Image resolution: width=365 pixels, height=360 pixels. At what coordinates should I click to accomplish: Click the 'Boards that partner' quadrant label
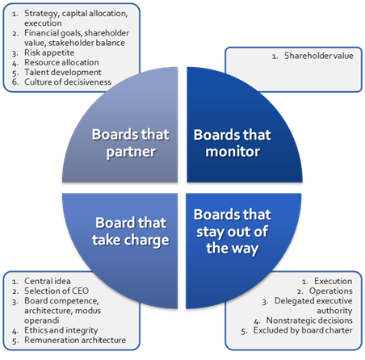(131, 143)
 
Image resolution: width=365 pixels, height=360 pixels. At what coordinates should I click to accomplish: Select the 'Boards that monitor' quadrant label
(233, 143)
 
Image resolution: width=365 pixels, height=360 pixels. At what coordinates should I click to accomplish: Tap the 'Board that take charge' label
(131, 232)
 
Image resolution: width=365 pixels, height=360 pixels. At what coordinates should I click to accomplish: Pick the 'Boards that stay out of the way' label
(233, 232)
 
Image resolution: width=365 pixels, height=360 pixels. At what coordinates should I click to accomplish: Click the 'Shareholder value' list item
(319, 56)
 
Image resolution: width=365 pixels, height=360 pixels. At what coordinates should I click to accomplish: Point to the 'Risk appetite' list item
(49, 52)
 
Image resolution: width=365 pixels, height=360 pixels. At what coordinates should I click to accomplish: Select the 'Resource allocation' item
(61, 62)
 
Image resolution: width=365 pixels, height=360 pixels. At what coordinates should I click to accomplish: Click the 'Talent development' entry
(63, 72)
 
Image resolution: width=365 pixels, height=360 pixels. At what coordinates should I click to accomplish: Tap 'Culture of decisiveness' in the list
(68, 82)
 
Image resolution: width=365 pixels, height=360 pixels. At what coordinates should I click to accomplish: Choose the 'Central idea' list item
(48, 281)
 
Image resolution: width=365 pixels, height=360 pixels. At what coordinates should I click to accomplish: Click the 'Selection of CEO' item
(57, 291)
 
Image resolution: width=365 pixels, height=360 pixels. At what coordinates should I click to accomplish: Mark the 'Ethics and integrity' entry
(61, 330)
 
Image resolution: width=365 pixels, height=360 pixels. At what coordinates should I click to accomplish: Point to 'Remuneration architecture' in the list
(75, 340)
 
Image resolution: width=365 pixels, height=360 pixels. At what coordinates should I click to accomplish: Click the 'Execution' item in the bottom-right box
(334, 281)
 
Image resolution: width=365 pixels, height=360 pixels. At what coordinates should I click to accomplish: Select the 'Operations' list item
(331, 291)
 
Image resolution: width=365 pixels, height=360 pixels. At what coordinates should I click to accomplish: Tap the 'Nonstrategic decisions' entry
(309, 320)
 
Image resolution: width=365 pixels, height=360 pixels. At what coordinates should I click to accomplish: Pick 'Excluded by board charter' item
(303, 330)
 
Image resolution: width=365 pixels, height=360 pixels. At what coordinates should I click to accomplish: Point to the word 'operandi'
(42, 320)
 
